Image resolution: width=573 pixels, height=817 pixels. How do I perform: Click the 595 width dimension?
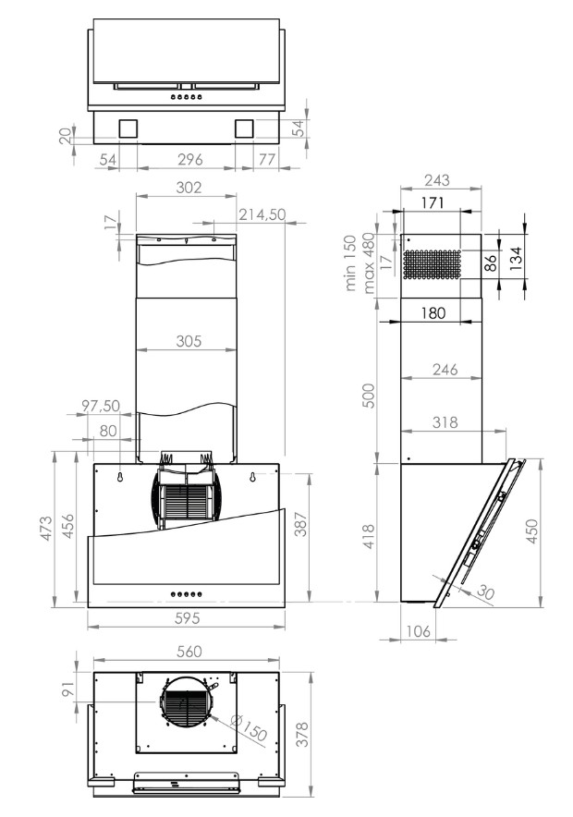(x=187, y=618)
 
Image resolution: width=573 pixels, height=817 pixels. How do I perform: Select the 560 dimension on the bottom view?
(x=189, y=652)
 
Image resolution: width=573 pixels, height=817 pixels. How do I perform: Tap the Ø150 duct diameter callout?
(x=249, y=728)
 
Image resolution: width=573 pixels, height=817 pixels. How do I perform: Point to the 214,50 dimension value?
(x=262, y=214)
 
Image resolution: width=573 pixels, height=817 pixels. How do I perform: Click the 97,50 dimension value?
(x=101, y=406)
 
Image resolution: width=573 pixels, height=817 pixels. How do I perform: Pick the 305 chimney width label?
(x=189, y=341)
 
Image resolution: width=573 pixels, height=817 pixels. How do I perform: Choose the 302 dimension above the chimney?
(x=189, y=187)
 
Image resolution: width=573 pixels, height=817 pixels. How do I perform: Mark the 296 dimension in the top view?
(x=190, y=159)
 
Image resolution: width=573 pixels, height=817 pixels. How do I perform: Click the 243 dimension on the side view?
(x=436, y=180)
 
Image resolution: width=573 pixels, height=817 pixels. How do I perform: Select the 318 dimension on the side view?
(x=445, y=421)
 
